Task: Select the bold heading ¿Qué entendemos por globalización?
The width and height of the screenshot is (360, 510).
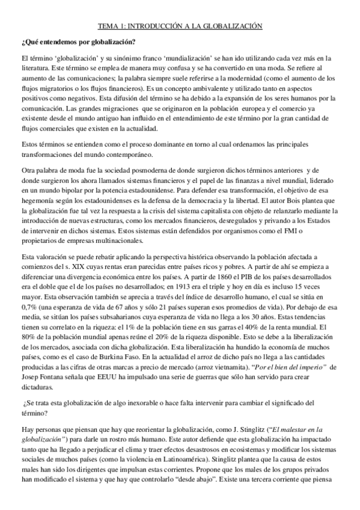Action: tap(78, 42)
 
